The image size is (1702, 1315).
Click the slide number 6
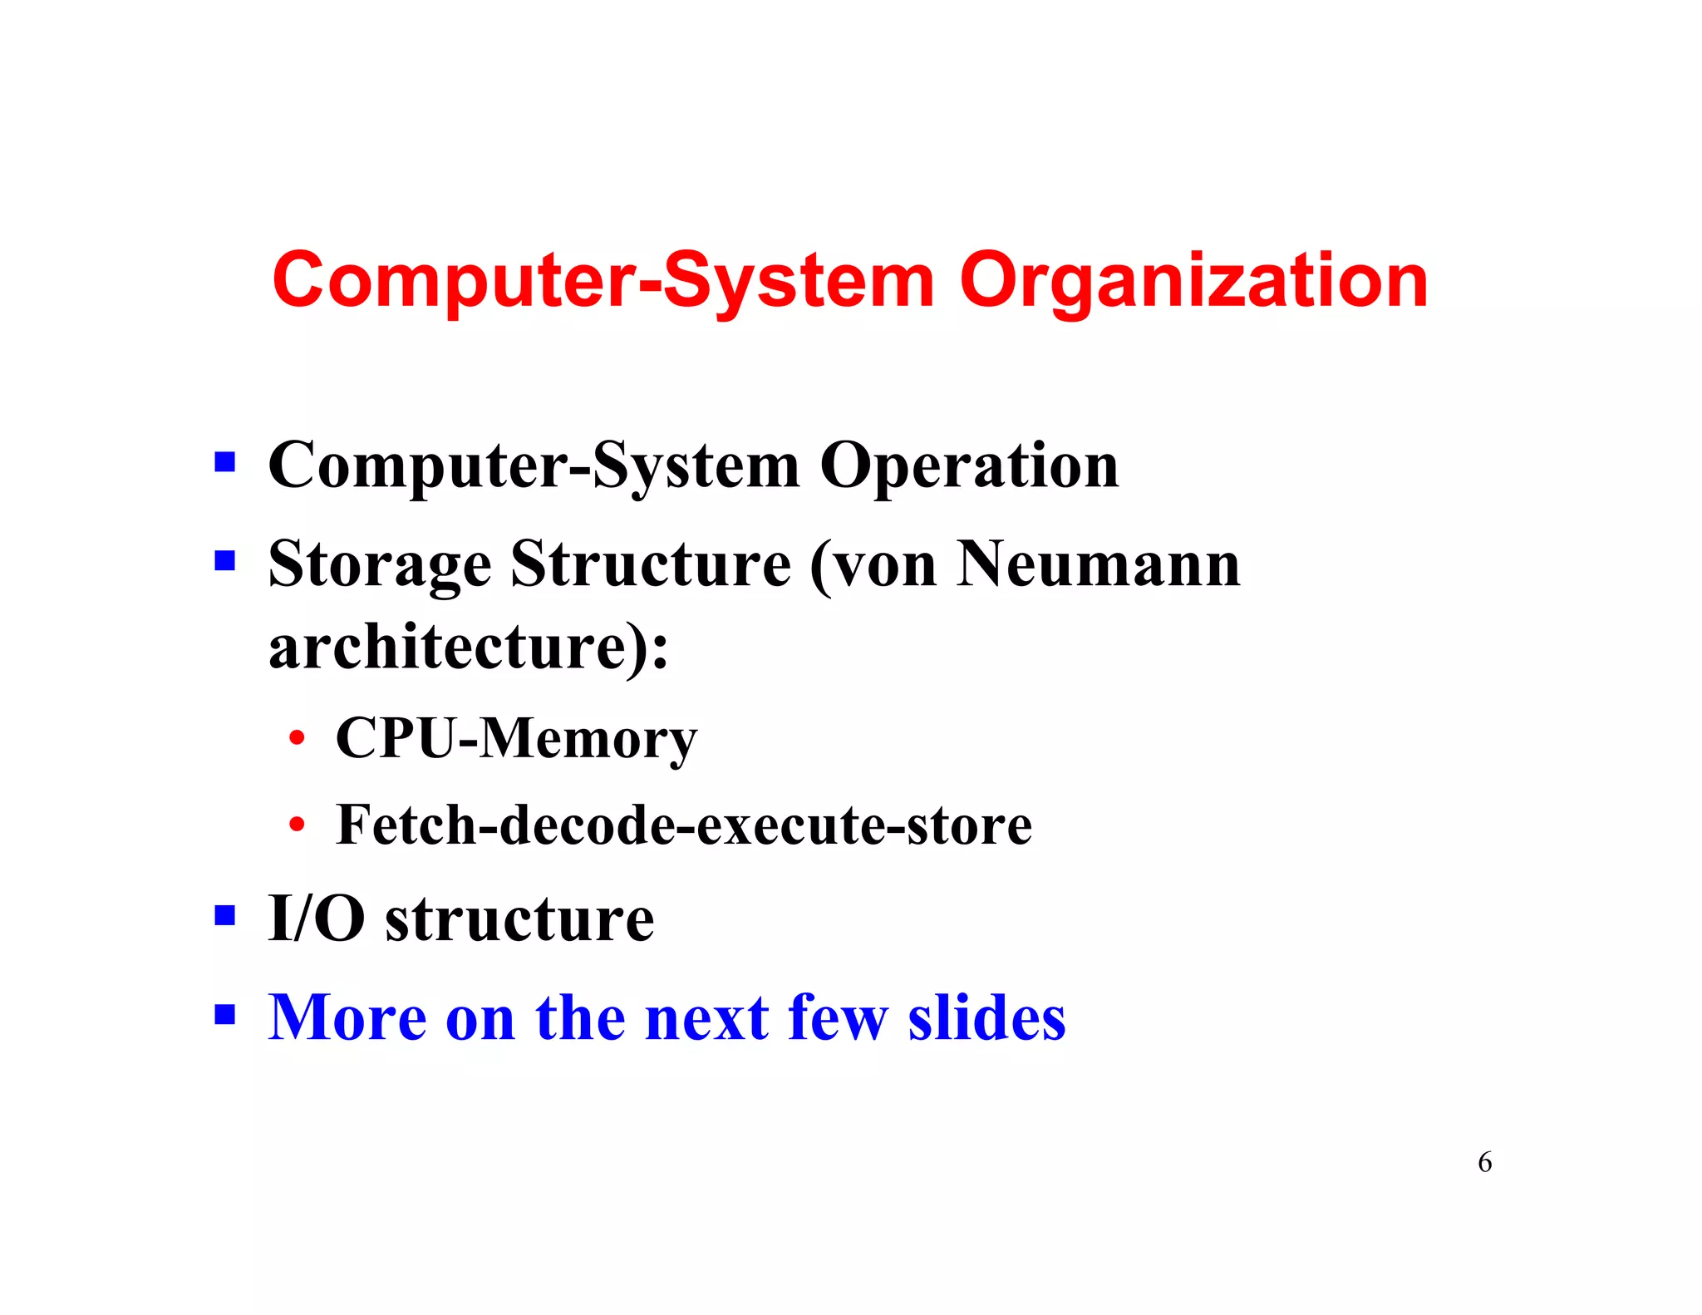1484,1162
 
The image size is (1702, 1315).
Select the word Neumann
1098,565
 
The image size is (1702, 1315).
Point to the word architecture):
468,648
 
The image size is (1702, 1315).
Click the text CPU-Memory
516,738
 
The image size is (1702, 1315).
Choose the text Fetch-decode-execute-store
684,825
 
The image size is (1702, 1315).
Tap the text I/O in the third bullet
317,919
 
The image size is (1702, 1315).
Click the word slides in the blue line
986,1017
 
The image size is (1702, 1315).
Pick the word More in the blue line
347,1017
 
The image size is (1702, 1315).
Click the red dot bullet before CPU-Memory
297,738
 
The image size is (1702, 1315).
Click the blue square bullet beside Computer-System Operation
224,462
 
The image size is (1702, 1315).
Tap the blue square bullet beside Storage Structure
224,561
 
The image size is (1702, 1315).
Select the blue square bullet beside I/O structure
224,916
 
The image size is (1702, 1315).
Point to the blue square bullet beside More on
224,1014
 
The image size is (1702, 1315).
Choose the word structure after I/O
519,919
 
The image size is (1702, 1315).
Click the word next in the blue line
707,1017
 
